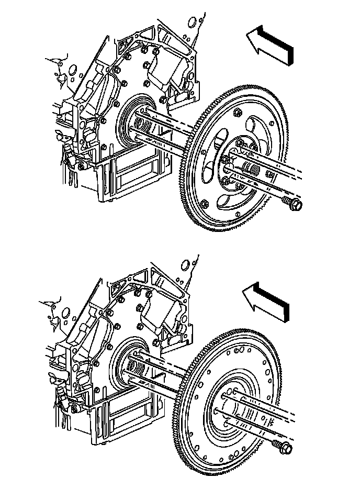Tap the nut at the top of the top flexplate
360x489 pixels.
pos(237,112)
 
